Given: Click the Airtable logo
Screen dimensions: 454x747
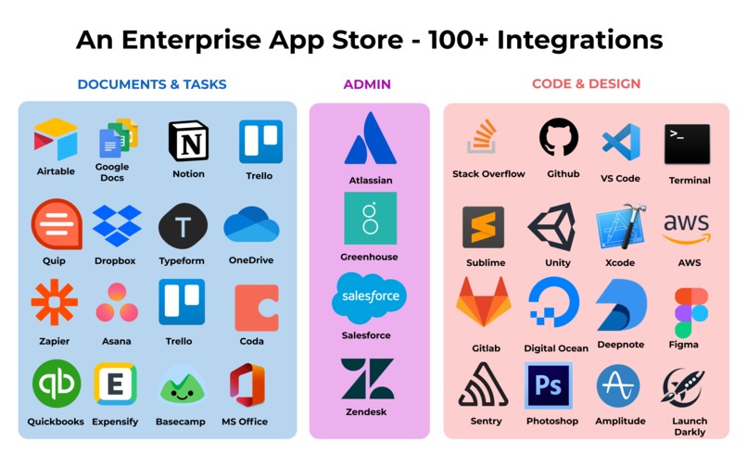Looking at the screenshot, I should click(56, 139).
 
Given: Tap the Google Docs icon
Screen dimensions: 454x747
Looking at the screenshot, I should click(117, 139).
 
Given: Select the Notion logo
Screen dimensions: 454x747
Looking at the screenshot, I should click(188, 141).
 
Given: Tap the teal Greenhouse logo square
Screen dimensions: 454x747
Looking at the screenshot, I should click(370, 219).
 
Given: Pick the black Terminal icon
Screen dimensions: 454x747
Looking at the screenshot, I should click(687, 144).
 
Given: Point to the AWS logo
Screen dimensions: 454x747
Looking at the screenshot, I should click(687, 227).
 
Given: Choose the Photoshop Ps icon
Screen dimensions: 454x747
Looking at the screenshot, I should click(549, 385).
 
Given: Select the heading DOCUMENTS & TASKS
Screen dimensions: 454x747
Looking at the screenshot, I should click(152, 84).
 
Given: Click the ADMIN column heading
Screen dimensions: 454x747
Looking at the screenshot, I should click(367, 84).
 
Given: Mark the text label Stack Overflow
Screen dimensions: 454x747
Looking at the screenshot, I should click(488, 174).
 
